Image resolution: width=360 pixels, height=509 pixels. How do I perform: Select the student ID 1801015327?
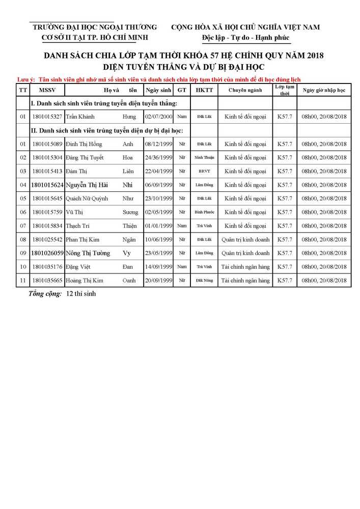[x=47, y=117]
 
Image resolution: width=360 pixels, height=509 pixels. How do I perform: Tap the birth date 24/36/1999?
[x=159, y=158]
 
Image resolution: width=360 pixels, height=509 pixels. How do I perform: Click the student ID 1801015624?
[x=47, y=185]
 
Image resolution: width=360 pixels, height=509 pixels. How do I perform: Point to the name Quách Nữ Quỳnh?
[x=87, y=199]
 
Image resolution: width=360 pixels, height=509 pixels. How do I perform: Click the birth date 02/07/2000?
[x=159, y=117]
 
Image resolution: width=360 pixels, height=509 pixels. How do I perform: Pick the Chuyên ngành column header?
[x=245, y=90]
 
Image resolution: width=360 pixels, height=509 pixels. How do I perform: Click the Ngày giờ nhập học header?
[x=324, y=90]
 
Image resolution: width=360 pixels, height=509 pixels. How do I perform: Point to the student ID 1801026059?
[x=47, y=253]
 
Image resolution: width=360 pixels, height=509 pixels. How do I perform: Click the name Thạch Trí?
[x=77, y=225]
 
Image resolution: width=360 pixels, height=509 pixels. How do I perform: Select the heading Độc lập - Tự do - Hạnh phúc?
[x=245, y=38]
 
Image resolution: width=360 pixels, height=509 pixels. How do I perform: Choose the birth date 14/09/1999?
[x=159, y=267]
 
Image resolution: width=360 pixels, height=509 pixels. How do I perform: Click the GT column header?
[x=182, y=90]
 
